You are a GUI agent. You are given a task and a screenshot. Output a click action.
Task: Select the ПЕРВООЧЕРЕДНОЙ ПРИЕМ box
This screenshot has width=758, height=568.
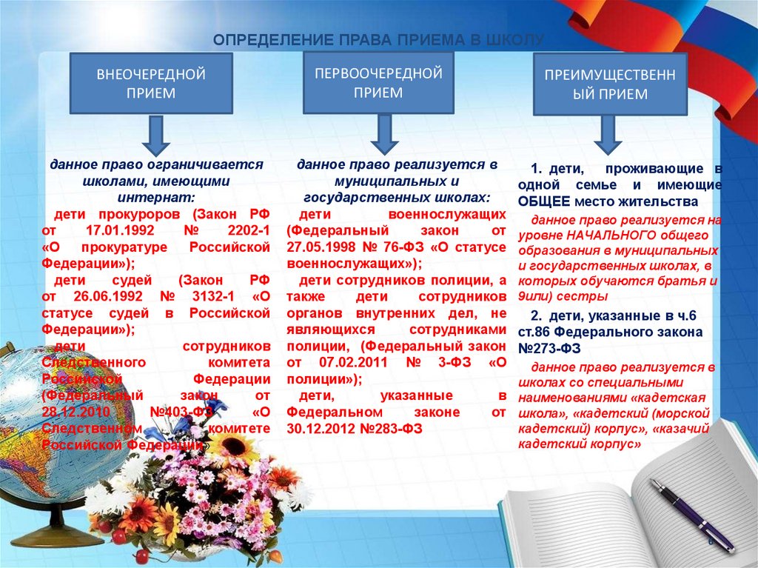pos(378,83)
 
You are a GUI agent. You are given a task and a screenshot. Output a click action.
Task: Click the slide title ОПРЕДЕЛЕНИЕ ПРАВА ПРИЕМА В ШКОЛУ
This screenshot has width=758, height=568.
pos(378,39)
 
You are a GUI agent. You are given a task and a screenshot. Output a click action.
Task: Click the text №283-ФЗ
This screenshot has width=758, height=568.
pos(386,428)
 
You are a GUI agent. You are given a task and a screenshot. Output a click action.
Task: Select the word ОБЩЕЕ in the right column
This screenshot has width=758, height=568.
pos(544,201)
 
